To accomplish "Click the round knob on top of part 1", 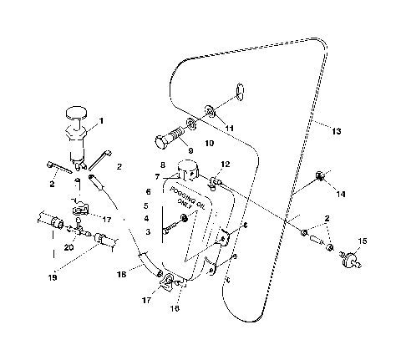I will (x=77, y=110).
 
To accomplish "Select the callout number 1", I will (x=101, y=120).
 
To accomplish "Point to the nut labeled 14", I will (x=320, y=176).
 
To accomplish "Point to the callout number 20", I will (x=69, y=248).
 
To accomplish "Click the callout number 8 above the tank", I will (x=162, y=165).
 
